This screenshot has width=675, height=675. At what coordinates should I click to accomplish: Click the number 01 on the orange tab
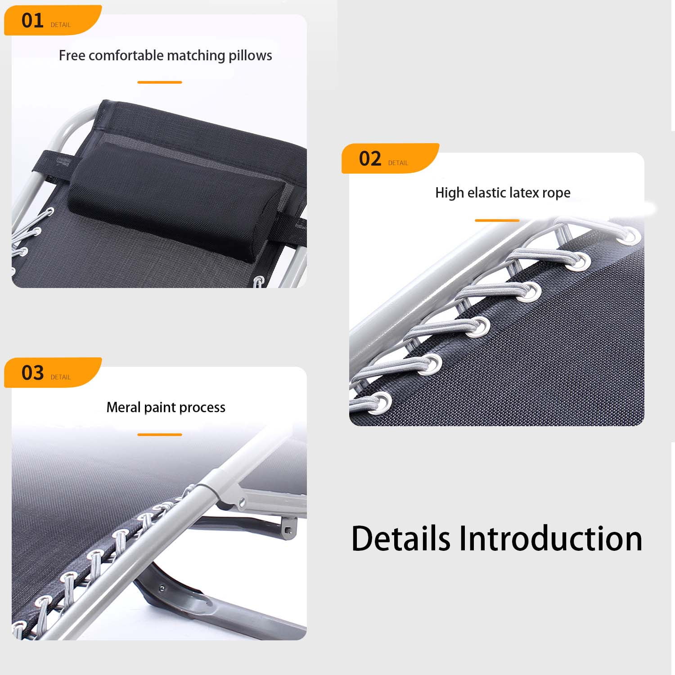pos(32,21)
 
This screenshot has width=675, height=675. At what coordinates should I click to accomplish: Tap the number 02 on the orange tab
pos(370,159)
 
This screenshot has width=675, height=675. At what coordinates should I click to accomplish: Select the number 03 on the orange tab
pos(32,373)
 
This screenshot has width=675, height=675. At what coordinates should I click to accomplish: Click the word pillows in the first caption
pos(250,56)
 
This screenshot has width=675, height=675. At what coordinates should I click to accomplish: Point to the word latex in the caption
pos(524,193)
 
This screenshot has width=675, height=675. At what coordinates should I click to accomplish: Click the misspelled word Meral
pos(124,407)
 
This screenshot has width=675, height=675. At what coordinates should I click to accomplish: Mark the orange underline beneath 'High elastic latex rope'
pos(497,220)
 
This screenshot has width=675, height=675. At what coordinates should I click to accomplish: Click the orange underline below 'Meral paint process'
pos(160,435)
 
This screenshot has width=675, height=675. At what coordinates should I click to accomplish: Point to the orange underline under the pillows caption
pos(160,82)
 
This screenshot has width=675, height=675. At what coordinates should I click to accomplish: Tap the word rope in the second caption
pos(557,193)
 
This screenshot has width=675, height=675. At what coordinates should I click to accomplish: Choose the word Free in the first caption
pos(72,55)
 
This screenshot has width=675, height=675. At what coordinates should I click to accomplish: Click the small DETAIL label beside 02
pos(398,163)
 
